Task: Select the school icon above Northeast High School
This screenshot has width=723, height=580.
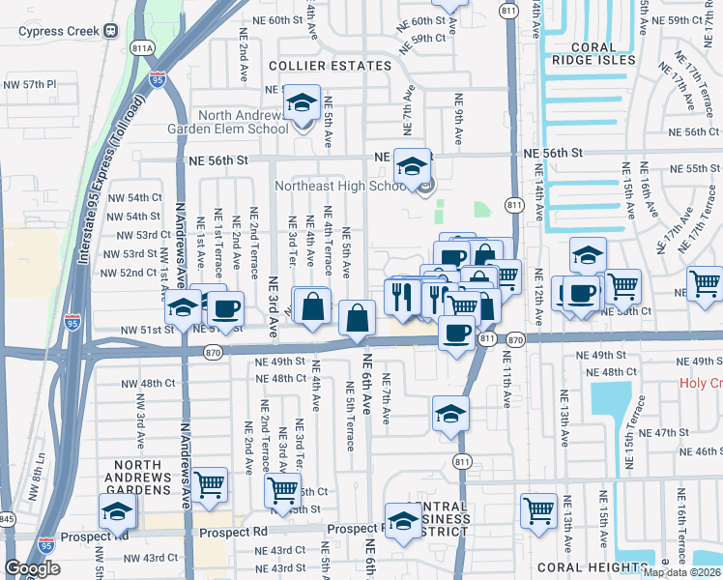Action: pos(412,166)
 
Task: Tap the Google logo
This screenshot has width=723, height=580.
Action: pos(32,568)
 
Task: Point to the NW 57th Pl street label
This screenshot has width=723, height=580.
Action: pos(29,85)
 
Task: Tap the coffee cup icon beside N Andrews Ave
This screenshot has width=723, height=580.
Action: pos(225,309)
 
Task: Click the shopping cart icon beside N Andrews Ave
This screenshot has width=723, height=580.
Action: pos(210,483)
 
